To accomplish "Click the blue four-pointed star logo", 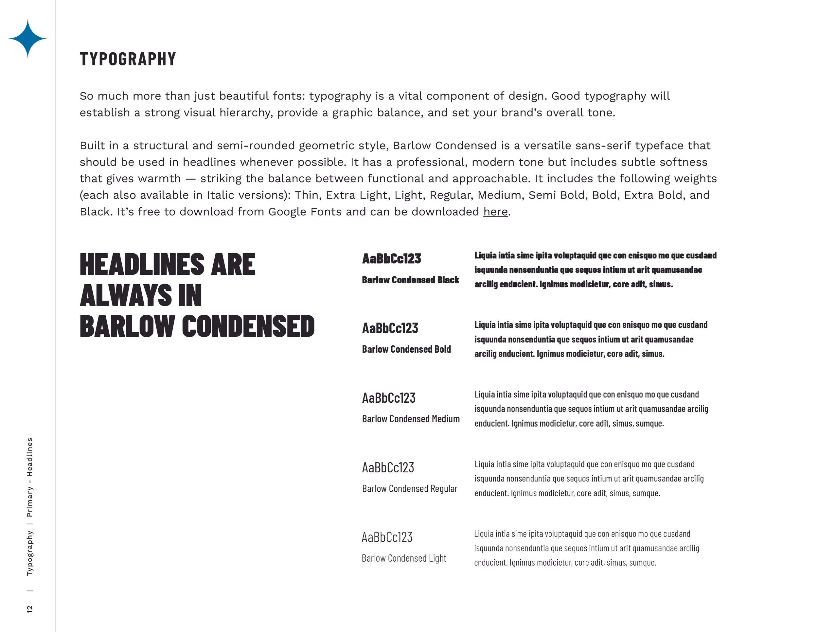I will (28, 39).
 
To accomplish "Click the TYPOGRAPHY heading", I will (128, 59).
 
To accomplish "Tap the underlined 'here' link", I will (495, 212).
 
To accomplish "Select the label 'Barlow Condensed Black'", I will (411, 280).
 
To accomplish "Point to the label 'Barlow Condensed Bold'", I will (406, 349).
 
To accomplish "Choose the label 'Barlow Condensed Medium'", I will (411, 419).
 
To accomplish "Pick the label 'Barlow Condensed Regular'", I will (410, 489).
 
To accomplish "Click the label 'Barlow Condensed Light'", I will (404, 558).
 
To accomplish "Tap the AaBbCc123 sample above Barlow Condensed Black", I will (391, 259).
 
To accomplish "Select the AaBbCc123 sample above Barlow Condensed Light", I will (387, 537).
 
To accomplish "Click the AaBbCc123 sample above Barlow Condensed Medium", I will (389, 398).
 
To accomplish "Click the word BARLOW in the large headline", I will (127, 326).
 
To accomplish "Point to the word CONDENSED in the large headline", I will (248, 326).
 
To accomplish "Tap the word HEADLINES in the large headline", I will (142, 264).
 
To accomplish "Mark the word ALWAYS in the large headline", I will (126, 295).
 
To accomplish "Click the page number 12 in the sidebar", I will (29, 609).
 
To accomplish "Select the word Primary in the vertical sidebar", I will (29, 502).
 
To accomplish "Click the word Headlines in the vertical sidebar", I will (29, 457).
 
